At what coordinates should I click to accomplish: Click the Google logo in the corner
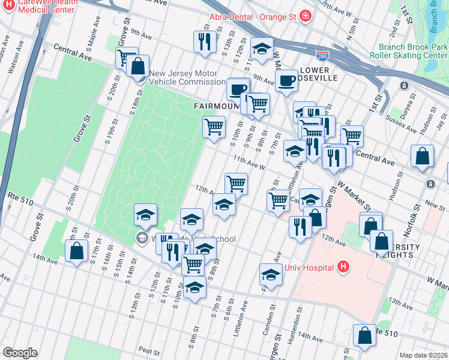click(20, 353)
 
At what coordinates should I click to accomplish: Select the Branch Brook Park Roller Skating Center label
click(413, 52)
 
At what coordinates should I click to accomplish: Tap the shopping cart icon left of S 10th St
click(214, 127)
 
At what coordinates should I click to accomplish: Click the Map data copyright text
click(423, 355)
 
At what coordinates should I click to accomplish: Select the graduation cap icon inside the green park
click(145, 214)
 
